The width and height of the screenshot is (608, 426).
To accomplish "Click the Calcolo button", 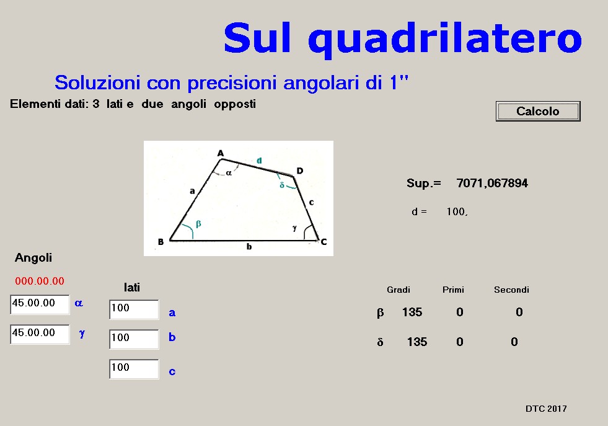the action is pyautogui.click(x=538, y=112).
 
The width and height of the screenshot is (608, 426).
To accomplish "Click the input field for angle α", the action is pyautogui.click(x=40, y=304).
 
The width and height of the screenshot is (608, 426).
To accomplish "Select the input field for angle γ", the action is pyautogui.click(x=40, y=334).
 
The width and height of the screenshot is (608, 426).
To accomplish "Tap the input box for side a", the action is pyautogui.click(x=134, y=309).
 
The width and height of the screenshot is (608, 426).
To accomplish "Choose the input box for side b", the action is pyautogui.click(x=134, y=339).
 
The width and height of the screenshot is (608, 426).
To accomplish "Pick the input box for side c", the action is pyautogui.click(x=134, y=368).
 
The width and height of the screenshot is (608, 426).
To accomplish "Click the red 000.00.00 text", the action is pyautogui.click(x=40, y=281).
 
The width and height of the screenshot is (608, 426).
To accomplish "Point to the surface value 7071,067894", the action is pyautogui.click(x=492, y=183).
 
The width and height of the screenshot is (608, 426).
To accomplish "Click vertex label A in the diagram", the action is pyautogui.click(x=221, y=153).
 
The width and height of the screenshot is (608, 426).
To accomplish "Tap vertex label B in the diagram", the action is pyautogui.click(x=161, y=242).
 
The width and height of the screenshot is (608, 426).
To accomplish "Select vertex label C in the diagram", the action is pyautogui.click(x=324, y=242).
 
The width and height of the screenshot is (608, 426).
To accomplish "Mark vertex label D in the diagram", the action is pyautogui.click(x=300, y=171).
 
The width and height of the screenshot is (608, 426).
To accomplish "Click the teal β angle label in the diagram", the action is pyautogui.click(x=198, y=224).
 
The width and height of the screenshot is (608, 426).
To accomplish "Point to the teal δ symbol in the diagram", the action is pyautogui.click(x=282, y=185).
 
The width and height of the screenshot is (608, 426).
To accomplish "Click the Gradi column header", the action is pyautogui.click(x=399, y=290).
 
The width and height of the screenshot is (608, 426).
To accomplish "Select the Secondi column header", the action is pyautogui.click(x=511, y=290).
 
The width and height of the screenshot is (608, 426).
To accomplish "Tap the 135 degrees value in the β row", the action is pyautogui.click(x=412, y=312).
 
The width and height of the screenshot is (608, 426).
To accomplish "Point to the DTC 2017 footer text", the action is pyautogui.click(x=546, y=409).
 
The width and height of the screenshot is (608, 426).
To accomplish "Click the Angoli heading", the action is pyautogui.click(x=33, y=257).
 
